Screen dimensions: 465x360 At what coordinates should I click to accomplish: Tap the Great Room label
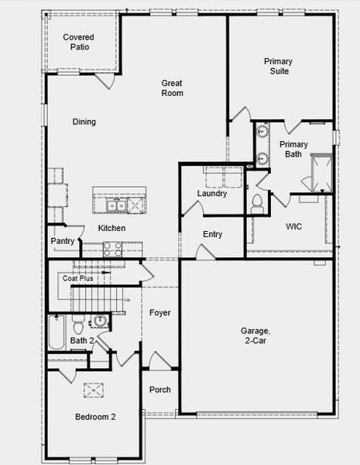click(x=172, y=88)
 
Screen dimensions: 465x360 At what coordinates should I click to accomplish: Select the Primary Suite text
click(x=277, y=66)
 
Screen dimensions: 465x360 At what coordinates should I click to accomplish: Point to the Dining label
click(x=84, y=122)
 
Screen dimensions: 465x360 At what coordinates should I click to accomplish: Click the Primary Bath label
click(x=293, y=149)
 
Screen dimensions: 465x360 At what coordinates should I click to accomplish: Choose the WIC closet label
click(x=293, y=226)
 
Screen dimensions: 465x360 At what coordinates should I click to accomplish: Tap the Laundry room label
click(x=212, y=194)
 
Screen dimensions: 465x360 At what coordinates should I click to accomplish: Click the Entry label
click(x=213, y=234)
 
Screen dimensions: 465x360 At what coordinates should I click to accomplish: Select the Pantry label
click(x=63, y=241)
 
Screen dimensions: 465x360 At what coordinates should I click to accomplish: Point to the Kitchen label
click(x=111, y=228)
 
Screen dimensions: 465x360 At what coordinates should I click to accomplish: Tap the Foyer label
click(x=159, y=313)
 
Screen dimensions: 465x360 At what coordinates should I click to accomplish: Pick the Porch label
click(x=160, y=390)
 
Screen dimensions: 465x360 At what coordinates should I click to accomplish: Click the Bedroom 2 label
click(x=95, y=417)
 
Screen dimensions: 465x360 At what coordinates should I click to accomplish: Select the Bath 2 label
click(x=82, y=340)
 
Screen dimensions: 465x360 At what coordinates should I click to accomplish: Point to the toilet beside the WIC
click(x=257, y=204)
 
